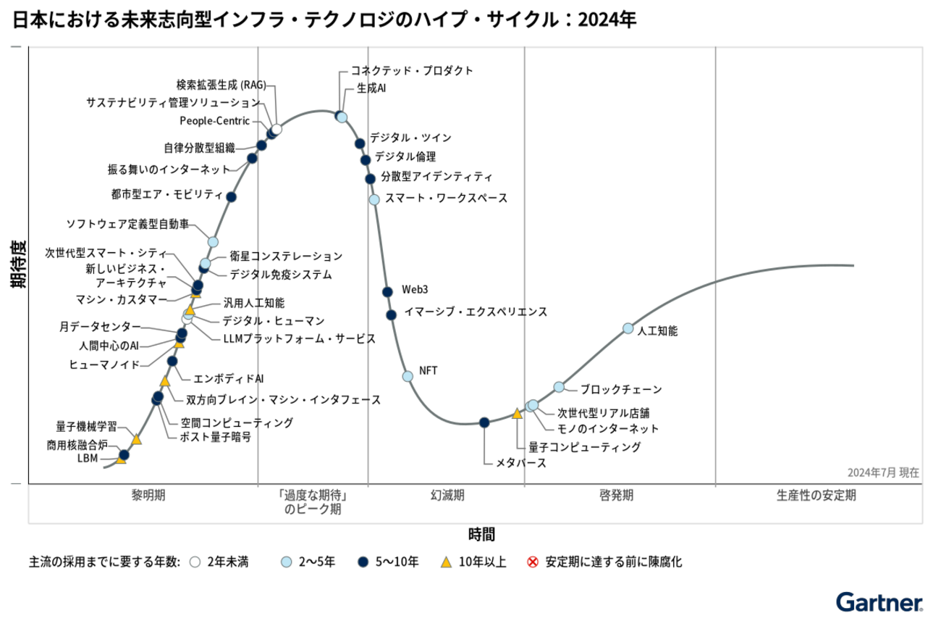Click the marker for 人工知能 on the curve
pyautogui.click(x=628, y=328)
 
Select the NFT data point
pyautogui.click(x=408, y=375)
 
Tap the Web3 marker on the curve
pyautogui.click(x=387, y=291)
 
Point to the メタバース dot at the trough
pyautogui.click(x=484, y=422)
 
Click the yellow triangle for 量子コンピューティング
pyautogui.click(x=517, y=414)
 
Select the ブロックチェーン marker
pyautogui.click(x=559, y=387)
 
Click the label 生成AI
pyautogui.click(x=371, y=88)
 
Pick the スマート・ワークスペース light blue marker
pyautogui.click(x=374, y=199)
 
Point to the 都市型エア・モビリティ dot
pyautogui.click(x=232, y=196)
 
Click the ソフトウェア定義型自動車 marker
pyautogui.click(x=213, y=241)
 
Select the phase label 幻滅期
pyautogui.click(x=447, y=496)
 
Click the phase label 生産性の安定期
pyautogui.click(x=816, y=496)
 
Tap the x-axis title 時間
pyautogui.click(x=481, y=535)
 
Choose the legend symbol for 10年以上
pyautogui.click(x=447, y=562)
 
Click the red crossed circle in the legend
pyautogui.click(x=533, y=562)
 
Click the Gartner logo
pyautogui.click(x=879, y=602)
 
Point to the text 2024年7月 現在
pyautogui.click(x=883, y=472)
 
